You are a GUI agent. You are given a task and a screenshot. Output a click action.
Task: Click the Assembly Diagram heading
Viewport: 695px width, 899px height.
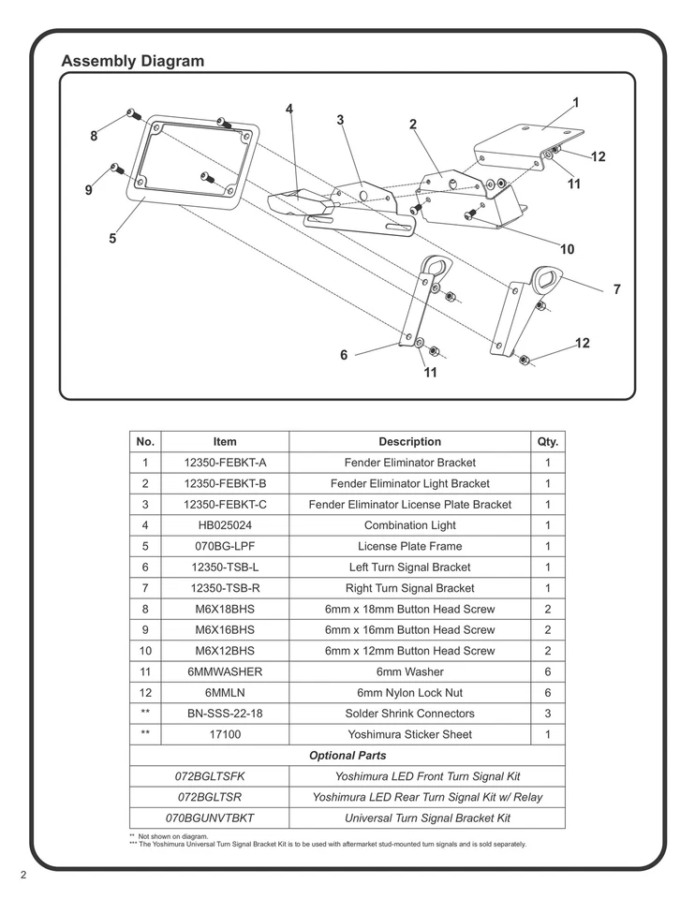(132, 62)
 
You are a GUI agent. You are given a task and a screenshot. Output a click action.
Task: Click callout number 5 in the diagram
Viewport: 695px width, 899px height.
(112, 238)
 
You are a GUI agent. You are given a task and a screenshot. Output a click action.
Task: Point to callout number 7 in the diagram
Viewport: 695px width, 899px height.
(616, 290)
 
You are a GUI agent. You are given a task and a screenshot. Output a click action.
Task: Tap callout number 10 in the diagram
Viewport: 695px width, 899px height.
(567, 249)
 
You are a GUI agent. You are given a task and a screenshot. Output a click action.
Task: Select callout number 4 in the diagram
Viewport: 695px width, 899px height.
(289, 110)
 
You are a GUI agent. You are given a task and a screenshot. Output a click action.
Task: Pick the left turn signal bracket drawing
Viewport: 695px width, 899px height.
(421, 300)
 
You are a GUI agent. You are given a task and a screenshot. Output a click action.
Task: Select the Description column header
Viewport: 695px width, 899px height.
(409, 441)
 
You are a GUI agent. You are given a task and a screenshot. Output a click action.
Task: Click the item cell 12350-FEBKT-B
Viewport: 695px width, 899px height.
(225, 483)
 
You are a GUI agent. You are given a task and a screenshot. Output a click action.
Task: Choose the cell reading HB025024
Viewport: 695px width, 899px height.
(225, 525)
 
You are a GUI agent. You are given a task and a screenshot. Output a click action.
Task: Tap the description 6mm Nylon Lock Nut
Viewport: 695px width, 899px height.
(409, 693)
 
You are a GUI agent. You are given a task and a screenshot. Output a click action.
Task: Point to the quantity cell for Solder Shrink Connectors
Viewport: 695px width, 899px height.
(548, 714)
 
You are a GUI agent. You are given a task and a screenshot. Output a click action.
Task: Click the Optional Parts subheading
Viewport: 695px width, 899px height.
(347, 755)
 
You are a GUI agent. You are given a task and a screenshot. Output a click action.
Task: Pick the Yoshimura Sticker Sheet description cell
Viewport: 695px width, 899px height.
(409, 734)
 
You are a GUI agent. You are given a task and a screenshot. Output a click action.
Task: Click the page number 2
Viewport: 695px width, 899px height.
(23, 876)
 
